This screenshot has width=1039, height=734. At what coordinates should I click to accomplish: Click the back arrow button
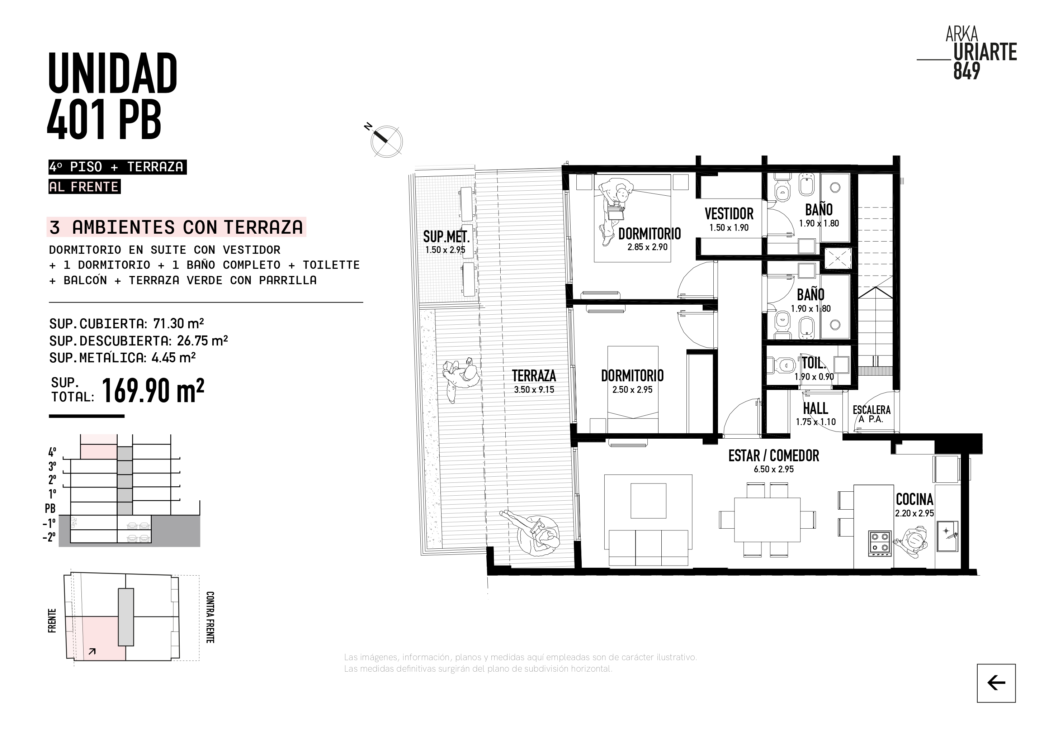[996, 683]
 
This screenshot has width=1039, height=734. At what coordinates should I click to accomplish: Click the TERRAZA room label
[534, 376]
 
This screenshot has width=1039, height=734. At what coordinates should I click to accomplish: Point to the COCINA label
[915, 499]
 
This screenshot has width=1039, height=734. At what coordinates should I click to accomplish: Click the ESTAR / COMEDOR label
[774, 456]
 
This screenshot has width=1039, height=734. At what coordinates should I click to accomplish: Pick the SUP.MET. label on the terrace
[446, 237]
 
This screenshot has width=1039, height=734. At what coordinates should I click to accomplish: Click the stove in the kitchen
[880, 544]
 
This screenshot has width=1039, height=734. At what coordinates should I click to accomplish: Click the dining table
[767, 520]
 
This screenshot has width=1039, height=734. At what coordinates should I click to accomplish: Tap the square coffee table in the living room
[648, 501]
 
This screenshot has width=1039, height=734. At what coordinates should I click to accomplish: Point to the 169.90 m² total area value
[153, 390]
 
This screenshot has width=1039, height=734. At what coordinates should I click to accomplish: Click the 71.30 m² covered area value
[178, 324]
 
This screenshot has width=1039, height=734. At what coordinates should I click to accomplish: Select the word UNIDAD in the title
[113, 73]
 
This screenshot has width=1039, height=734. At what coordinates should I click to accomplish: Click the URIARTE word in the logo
[985, 52]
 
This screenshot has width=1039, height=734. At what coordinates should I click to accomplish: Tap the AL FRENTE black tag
[84, 187]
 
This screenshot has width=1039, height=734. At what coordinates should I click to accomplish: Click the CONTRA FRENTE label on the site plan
[210, 617]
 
